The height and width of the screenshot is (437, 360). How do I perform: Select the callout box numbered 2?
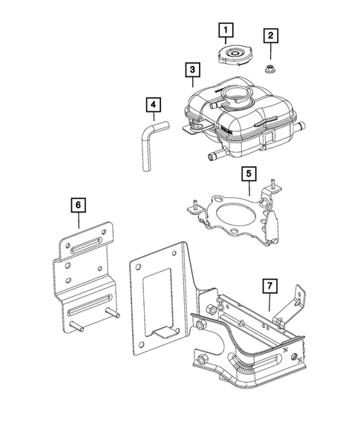(272, 35)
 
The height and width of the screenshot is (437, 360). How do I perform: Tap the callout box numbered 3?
(192, 71)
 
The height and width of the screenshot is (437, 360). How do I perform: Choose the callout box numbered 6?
(77, 202)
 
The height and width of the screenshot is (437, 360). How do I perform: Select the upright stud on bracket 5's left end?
(192, 204)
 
